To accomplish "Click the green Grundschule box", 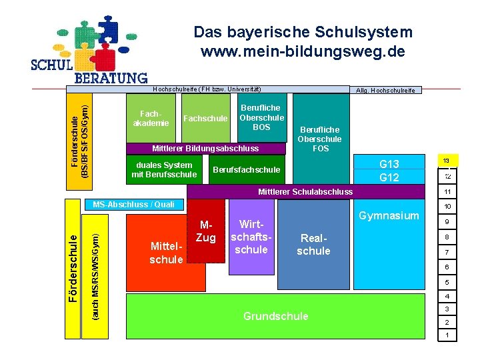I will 275,317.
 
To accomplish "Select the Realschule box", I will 313,245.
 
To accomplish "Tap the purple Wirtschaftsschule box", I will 252,237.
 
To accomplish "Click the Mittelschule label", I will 166,253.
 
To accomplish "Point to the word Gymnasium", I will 389,215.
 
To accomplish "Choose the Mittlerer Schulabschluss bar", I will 305,192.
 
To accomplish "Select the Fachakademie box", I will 151,118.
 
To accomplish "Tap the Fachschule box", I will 205,118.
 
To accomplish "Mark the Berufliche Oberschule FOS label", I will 321,139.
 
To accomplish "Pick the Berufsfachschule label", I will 246,169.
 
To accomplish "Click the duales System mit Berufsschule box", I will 164,169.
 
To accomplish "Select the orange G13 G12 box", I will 389,171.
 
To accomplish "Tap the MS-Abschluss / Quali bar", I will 134,204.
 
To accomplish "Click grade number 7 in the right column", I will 447,252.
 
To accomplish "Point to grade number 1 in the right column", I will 447,335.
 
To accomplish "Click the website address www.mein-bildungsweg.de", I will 303,51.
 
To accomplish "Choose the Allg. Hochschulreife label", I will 385,90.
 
